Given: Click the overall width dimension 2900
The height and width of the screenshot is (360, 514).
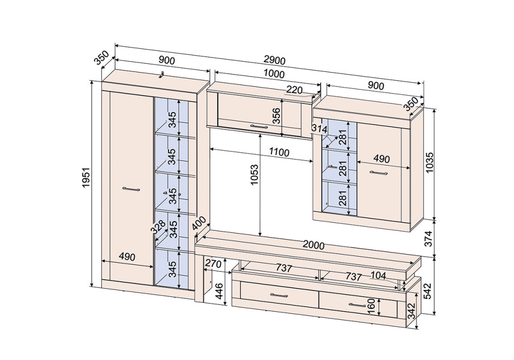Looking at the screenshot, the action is point(274,60).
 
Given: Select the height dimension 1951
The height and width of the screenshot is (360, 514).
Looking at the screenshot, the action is point(86,177).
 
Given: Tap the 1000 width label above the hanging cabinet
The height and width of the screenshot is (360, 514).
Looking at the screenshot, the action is point(274,74).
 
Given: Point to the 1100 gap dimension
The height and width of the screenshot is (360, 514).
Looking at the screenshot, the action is point(279,152).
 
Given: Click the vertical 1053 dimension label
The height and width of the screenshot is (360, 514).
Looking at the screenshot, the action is point(254,174).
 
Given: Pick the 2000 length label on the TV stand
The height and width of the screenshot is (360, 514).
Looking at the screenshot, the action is point(314,245).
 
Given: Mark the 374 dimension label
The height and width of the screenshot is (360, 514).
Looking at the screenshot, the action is point(429,238).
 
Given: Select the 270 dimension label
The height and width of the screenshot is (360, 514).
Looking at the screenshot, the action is point(213,263).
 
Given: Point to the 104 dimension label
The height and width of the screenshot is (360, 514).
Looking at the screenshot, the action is point(378,276).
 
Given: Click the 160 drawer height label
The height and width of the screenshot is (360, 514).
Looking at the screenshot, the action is point(371,306).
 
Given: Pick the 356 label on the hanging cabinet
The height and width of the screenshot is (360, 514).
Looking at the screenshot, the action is point(277,115).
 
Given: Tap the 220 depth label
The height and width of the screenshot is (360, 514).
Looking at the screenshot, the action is point(294,90).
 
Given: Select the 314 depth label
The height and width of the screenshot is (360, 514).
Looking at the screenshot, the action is point(319,129).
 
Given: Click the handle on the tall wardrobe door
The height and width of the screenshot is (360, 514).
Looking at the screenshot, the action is point(131,189).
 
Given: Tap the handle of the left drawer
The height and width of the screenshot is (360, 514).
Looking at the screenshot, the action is point(279,295).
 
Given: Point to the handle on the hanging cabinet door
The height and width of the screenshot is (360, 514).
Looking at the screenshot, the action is point(259,126).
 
